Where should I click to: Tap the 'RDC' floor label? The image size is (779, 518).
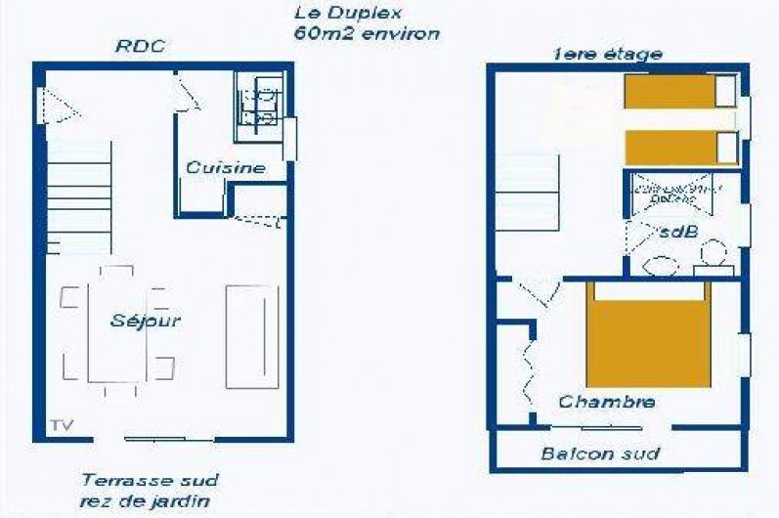140,46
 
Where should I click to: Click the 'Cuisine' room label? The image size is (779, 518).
226,167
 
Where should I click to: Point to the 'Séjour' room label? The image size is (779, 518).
146,320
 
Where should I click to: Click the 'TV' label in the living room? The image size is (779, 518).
61,425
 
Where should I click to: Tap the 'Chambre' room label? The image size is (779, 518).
606,402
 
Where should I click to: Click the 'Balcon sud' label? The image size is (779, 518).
600,453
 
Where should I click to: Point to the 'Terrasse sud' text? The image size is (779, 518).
150,481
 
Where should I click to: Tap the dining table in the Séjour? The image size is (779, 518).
116,332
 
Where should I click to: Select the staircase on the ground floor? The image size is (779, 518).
79,196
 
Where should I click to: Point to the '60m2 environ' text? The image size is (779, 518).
366,33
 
